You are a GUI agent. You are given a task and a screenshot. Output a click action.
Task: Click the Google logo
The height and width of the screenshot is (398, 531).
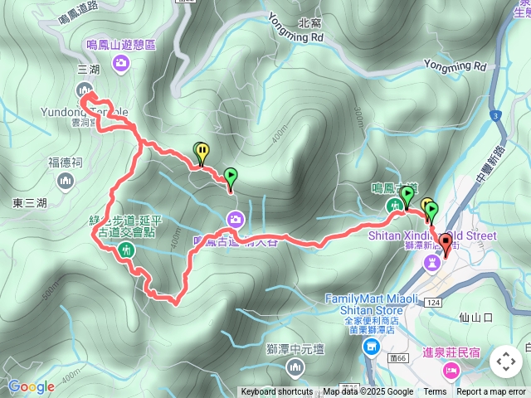[x=31, y=386]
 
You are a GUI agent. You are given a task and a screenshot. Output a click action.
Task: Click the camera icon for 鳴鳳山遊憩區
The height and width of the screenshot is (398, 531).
[x=122, y=62]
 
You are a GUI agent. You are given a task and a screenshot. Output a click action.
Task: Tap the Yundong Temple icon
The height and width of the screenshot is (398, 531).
[x=83, y=90]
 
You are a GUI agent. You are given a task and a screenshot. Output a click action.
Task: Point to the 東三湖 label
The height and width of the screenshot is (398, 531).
[x=31, y=202]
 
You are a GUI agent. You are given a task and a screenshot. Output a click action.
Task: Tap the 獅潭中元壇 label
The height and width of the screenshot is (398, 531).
[x=295, y=348]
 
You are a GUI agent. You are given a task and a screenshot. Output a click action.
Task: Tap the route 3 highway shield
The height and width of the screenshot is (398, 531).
[x=494, y=116]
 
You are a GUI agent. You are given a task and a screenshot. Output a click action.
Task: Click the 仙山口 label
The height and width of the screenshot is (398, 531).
[x=475, y=317]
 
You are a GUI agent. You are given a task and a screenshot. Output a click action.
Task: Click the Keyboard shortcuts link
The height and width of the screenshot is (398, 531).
[x=277, y=392]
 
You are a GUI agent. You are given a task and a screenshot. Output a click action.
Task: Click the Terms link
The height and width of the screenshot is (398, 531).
[x=435, y=392]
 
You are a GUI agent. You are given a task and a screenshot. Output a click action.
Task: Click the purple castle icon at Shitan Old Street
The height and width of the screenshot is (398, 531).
[x=432, y=262]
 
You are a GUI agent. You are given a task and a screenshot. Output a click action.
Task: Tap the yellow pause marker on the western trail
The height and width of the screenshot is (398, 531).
[x=202, y=151]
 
